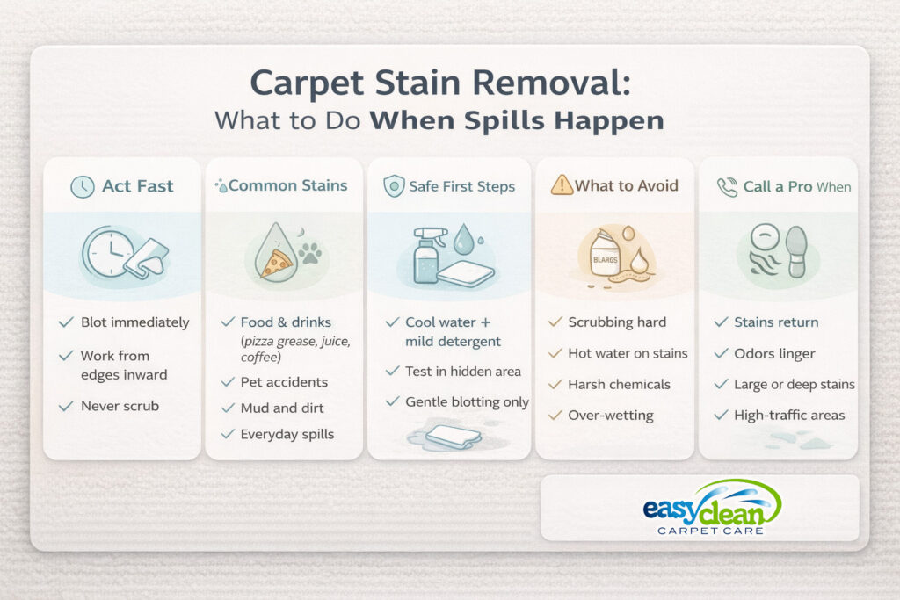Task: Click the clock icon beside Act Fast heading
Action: (x=83, y=186)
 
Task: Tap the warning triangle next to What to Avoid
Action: (x=562, y=185)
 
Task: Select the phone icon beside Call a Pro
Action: (x=727, y=186)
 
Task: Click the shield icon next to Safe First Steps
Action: (x=394, y=185)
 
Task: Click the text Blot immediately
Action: (x=134, y=322)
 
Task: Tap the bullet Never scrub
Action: (x=120, y=407)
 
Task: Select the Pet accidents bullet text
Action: (x=284, y=382)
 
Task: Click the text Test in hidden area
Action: (x=462, y=372)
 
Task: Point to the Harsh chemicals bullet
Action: (x=620, y=384)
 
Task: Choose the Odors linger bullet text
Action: (x=774, y=354)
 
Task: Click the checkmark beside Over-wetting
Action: (x=555, y=416)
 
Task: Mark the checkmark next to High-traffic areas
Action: (x=720, y=416)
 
